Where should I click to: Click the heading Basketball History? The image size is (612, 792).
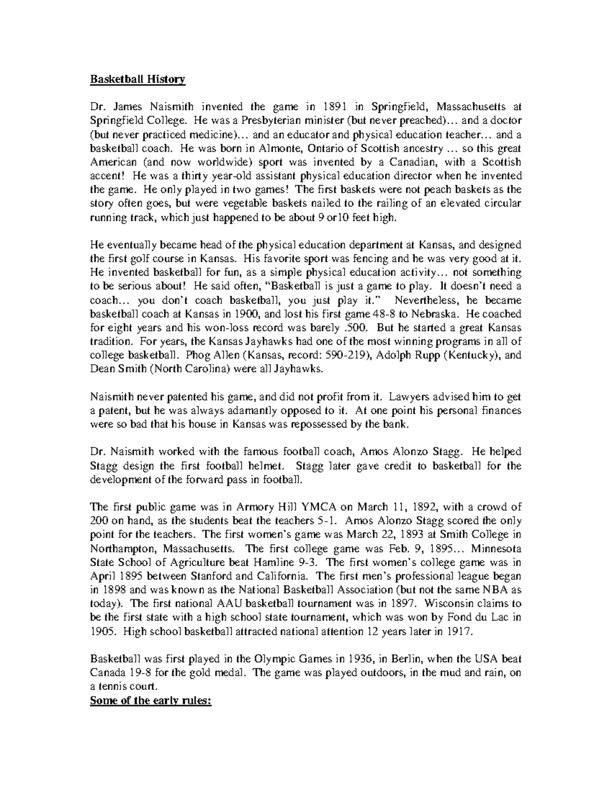(138, 80)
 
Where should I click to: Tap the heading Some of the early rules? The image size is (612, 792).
(150, 700)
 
